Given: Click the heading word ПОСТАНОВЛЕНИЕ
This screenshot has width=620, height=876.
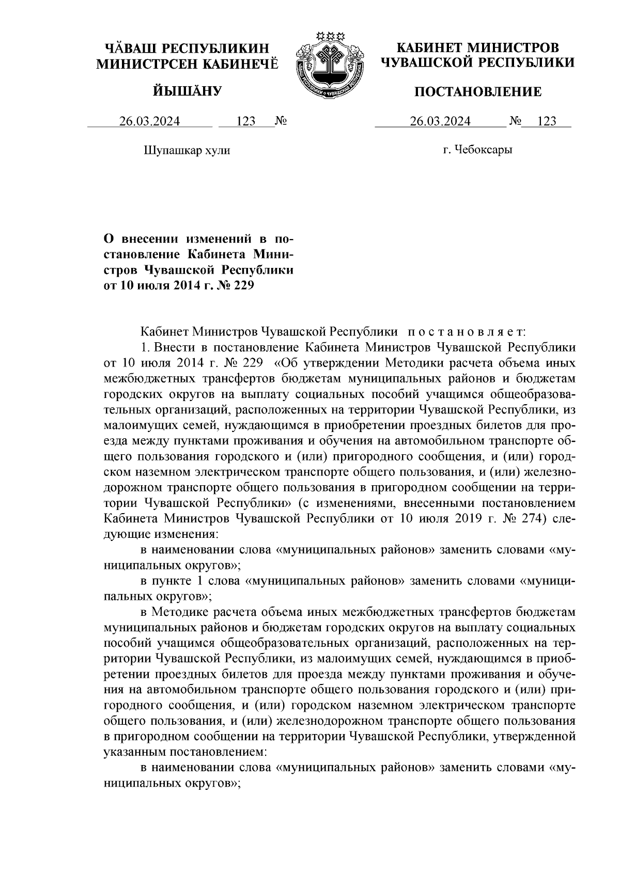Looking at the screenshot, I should pos(478,92).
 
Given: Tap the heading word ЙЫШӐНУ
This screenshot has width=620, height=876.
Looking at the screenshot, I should pos(187,92).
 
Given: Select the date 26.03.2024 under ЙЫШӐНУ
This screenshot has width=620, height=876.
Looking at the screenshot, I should pos(150,121).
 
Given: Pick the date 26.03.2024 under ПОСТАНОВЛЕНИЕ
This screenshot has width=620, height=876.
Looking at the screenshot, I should pos(440,121).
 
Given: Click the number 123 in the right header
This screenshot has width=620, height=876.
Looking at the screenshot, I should pos(547,121).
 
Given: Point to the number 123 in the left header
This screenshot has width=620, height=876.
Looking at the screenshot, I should pos(246,121).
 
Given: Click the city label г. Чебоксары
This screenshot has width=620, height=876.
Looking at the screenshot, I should pos(478,150).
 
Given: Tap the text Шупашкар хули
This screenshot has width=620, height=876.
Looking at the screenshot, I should pos(187,150).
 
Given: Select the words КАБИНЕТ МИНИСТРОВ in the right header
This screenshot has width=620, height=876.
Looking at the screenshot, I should pos(477,49).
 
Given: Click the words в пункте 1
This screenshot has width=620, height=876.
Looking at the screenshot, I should pos(173,581).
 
